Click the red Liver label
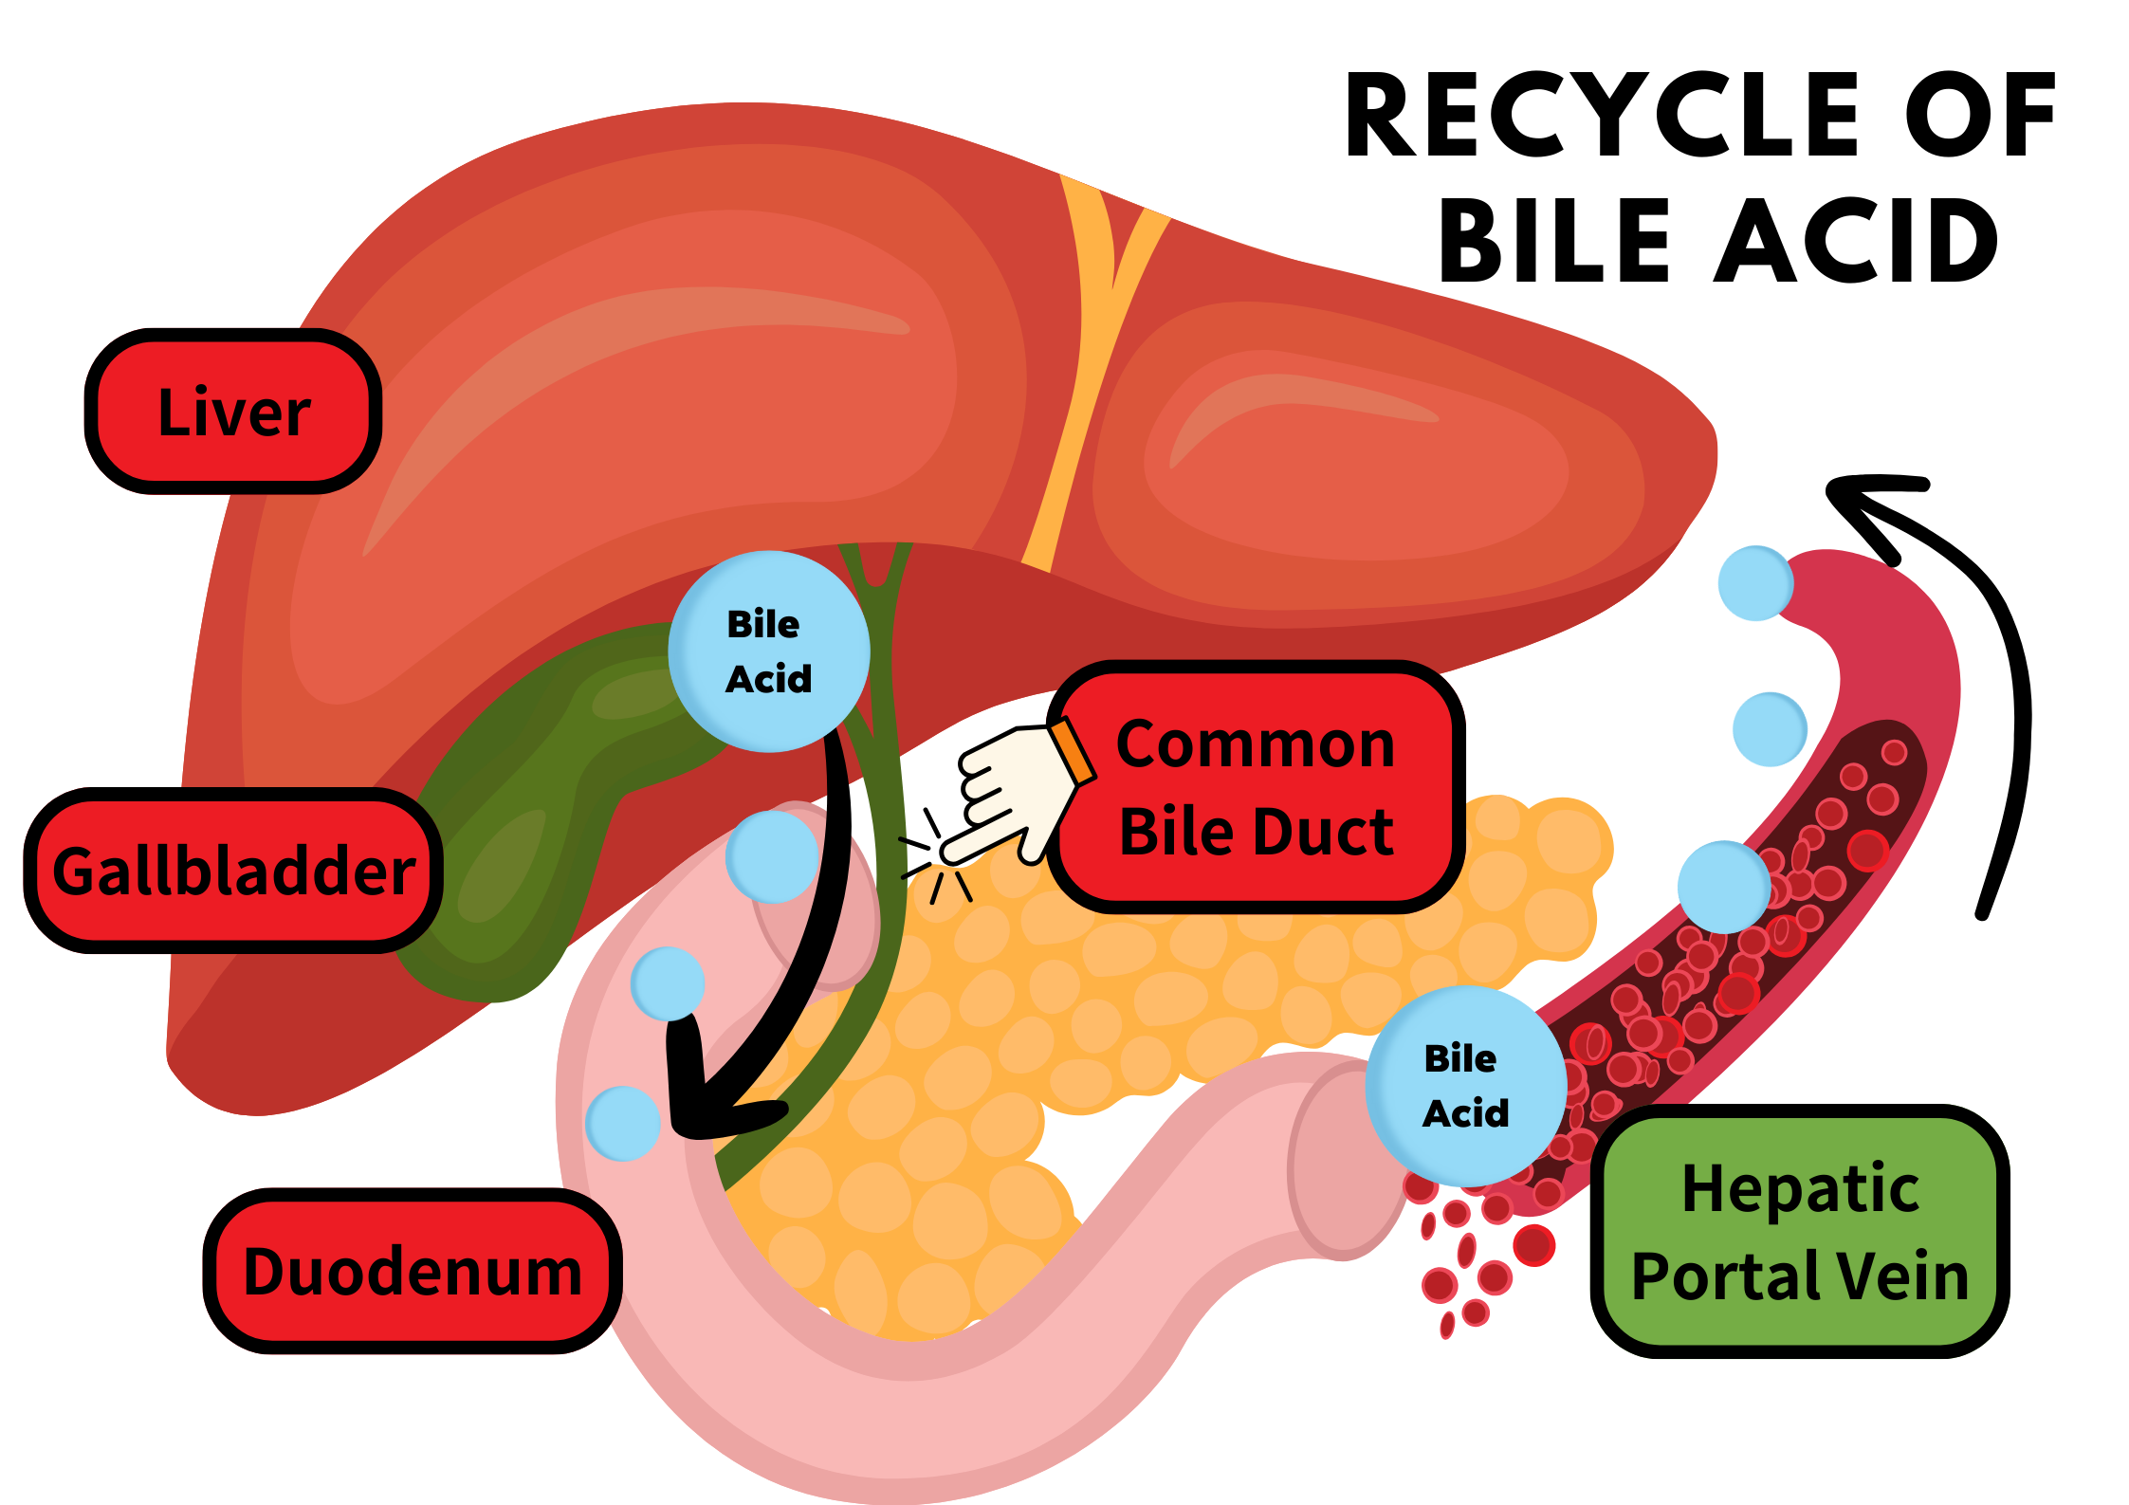pyautogui.click(x=233, y=412)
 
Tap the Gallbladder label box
pyautogui.click(x=233, y=871)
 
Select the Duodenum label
pyautogui.click(x=413, y=1271)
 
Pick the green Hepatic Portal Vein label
pyautogui.click(x=1799, y=1231)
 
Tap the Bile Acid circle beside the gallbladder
pyautogui.click(x=769, y=652)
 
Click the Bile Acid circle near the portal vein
pyautogui.click(x=1465, y=1085)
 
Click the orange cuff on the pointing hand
pyautogui.click(x=1073, y=750)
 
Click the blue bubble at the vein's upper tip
pyautogui.click(x=1755, y=583)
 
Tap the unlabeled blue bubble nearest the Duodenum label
pyautogui.click(x=623, y=1124)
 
